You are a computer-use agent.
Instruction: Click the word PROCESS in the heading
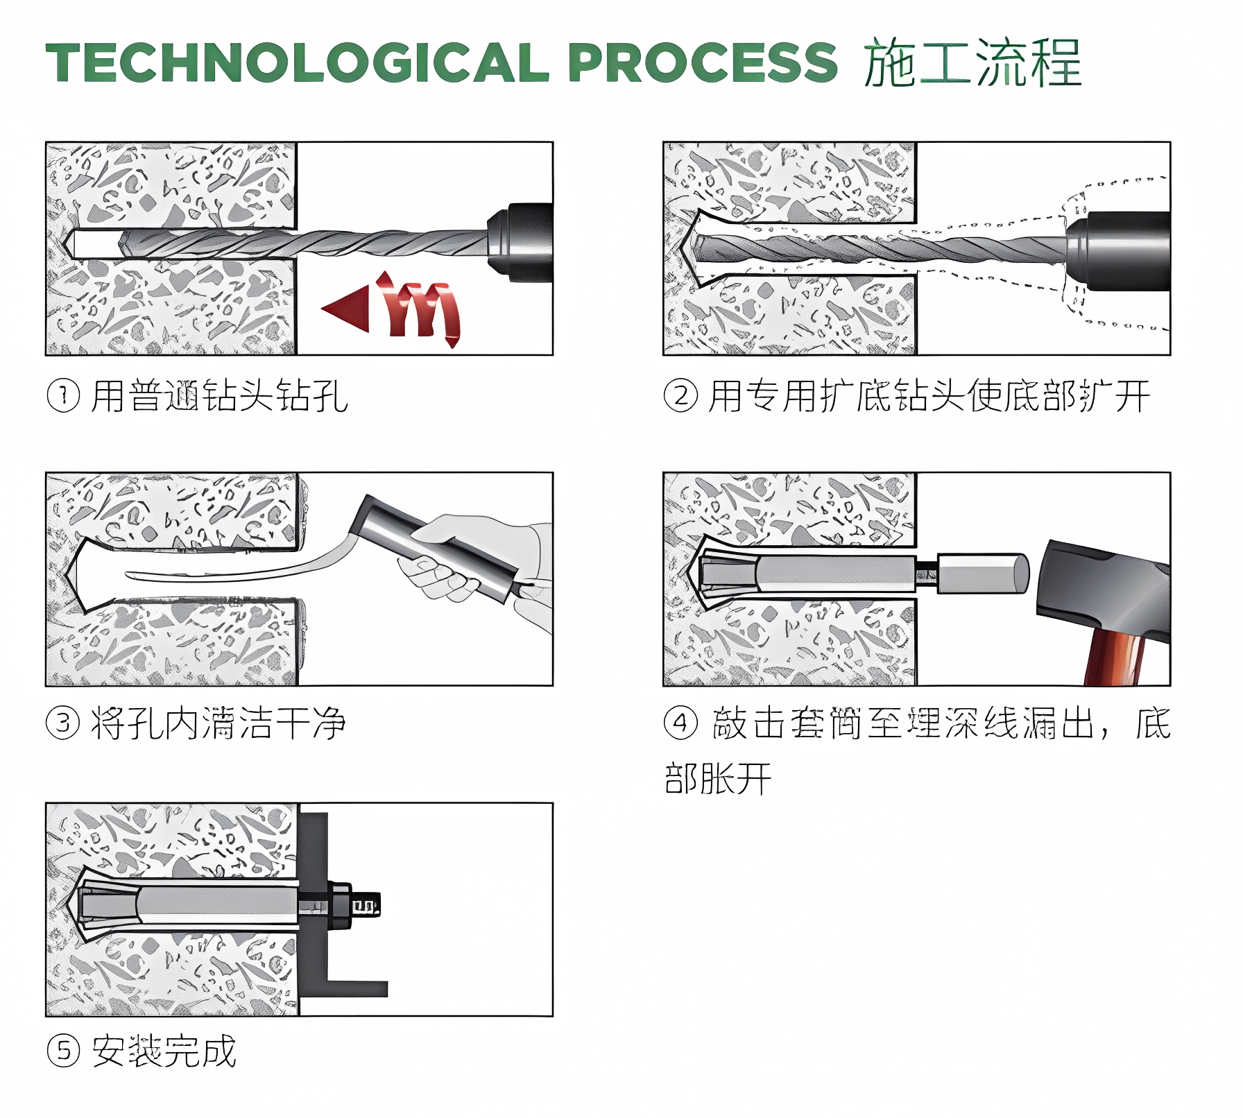(x=702, y=62)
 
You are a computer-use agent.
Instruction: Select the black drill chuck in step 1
(x=520, y=242)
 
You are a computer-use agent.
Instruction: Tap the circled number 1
(x=63, y=397)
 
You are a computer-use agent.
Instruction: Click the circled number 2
(x=680, y=397)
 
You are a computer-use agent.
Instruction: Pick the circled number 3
(x=63, y=724)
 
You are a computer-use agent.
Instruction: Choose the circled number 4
(x=680, y=724)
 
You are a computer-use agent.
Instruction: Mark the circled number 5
(x=63, y=1051)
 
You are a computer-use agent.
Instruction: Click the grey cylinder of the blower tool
(x=437, y=548)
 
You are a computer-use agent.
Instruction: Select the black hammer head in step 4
(x=1103, y=590)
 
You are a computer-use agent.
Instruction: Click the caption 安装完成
(x=164, y=1051)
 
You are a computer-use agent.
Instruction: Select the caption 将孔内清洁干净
(x=218, y=724)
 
